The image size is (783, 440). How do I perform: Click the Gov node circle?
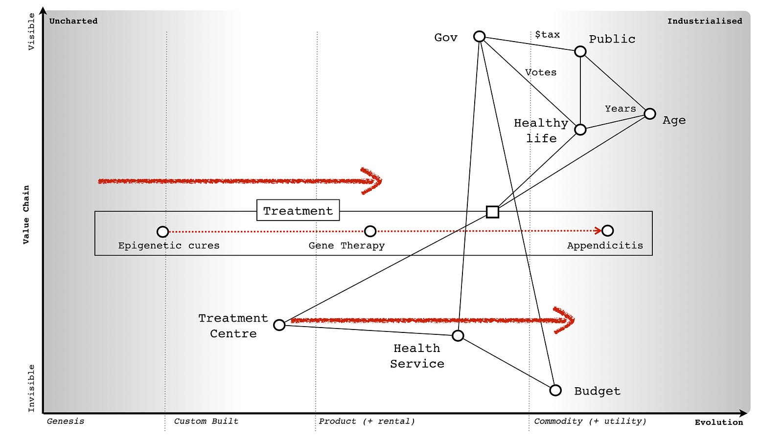coord(479,36)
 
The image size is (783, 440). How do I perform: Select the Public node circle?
coord(580,52)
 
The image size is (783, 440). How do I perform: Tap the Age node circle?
coord(650,114)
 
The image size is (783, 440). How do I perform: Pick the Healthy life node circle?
coord(580,130)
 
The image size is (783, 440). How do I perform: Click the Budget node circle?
coord(555,391)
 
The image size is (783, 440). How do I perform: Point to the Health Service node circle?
coord(458,335)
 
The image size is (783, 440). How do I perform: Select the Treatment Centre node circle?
coord(279,325)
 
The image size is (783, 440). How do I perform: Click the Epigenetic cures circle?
coord(162,232)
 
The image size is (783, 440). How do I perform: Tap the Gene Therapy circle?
coord(370,231)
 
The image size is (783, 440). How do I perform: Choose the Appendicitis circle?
coord(607,230)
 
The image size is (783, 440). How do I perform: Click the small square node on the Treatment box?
coord(492,212)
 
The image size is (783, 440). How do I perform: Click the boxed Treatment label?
coord(298,210)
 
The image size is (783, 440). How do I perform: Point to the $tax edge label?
coord(548,34)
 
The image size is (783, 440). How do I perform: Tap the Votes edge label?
coord(541,72)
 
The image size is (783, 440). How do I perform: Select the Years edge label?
coord(621,109)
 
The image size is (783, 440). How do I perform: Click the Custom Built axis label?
coord(206,421)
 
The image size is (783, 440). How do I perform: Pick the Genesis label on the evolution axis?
coord(66,421)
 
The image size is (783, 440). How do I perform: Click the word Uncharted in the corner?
coord(73,21)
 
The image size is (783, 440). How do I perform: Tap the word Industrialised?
coord(705,21)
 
